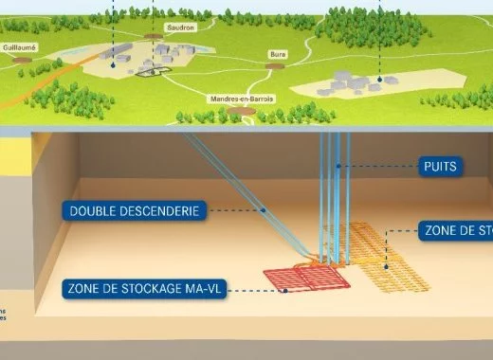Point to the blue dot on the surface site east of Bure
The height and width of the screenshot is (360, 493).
click(379, 80)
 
